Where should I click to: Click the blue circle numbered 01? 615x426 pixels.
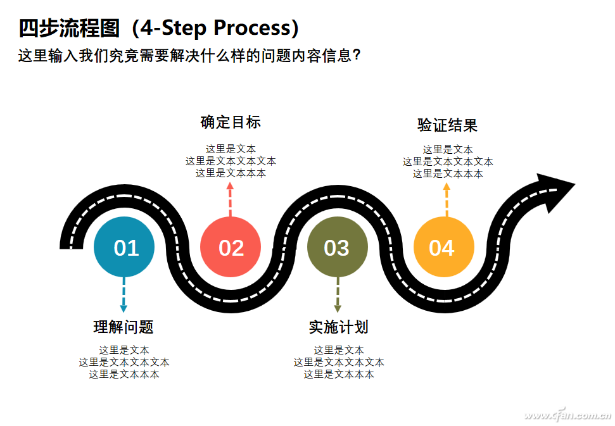(x=124, y=247)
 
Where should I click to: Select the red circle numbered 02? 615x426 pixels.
(x=231, y=247)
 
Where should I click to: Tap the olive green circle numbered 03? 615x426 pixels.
(x=337, y=247)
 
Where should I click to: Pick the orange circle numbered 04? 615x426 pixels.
(x=443, y=247)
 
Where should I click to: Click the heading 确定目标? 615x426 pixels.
(x=231, y=122)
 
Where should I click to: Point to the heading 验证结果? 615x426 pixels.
(x=447, y=125)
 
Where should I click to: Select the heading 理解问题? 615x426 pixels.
(x=124, y=327)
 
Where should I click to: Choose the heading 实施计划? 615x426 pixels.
(x=338, y=327)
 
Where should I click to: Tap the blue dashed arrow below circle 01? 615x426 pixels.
(x=124, y=295)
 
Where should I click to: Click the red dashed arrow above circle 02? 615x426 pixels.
(x=230, y=199)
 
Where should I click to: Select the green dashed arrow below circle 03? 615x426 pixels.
(x=338, y=295)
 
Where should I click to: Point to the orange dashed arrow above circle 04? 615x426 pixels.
(x=447, y=199)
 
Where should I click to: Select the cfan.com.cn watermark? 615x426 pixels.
(x=567, y=416)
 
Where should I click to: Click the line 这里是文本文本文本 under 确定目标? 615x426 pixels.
(x=231, y=161)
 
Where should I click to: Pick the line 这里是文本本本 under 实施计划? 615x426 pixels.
(x=339, y=374)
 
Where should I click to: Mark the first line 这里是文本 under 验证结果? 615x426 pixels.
(x=448, y=149)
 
